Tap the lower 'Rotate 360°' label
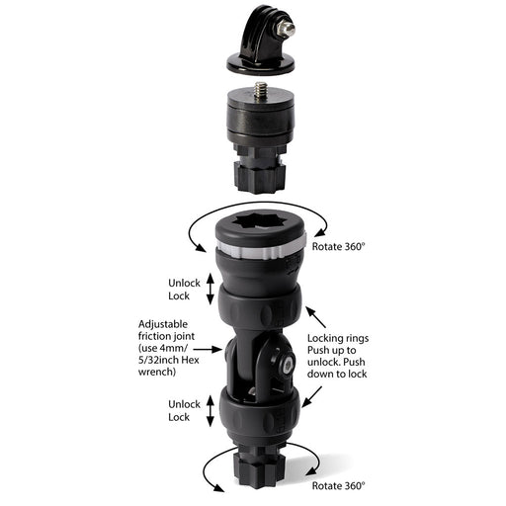click(x=337, y=486)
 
